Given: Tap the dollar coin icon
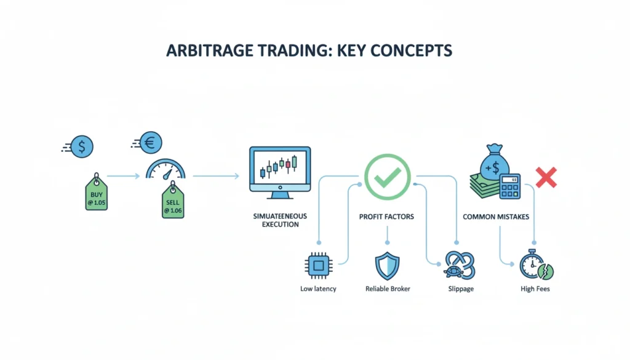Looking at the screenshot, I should (82, 146).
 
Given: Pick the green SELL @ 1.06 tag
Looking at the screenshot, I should (172, 203).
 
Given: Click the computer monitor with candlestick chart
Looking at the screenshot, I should (280, 171).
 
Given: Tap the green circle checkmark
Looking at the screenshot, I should (388, 175).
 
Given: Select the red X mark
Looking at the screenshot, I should (546, 177).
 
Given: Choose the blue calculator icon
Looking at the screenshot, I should (510, 186).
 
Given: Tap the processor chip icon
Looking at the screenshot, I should (318, 265).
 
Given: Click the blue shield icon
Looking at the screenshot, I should (387, 265).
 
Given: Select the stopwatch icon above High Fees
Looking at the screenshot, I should (533, 265).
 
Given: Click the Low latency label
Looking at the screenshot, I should (318, 289).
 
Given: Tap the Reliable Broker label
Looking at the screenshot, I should (388, 289).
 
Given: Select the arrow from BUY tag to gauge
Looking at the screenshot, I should (124, 176).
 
